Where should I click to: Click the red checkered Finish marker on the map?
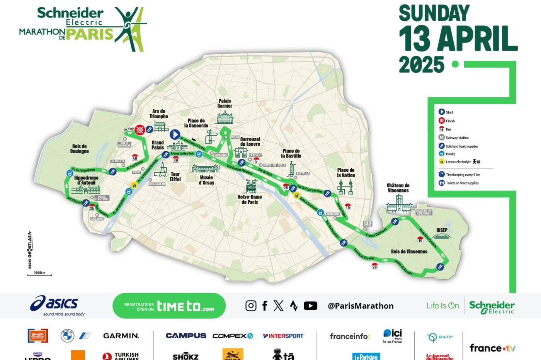click(140, 130)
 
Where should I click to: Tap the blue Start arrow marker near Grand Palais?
click(175, 134)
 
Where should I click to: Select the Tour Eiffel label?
click(175, 177)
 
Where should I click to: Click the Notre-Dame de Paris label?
click(250, 199)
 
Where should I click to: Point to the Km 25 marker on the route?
click(286, 187)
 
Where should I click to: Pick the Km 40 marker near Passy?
click(135, 158)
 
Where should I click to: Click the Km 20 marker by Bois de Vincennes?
click(374, 266)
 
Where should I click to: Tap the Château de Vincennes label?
click(398, 188)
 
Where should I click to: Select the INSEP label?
click(442, 230)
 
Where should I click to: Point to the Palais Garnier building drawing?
click(225, 118)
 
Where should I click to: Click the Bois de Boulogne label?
click(80, 149)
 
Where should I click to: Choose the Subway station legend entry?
click(457, 138)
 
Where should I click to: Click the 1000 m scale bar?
click(39, 274)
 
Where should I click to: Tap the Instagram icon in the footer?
click(251, 306)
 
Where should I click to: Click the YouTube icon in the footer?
click(310, 306)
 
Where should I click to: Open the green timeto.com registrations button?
click(169, 306)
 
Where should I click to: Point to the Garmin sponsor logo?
click(121, 336)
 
